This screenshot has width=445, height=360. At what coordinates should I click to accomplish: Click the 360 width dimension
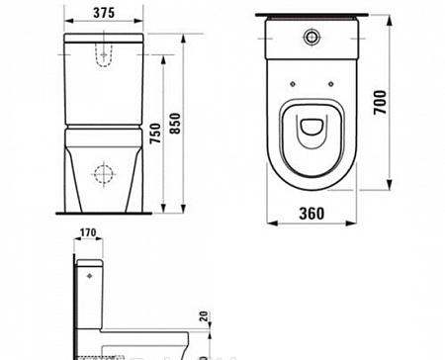click(x=313, y=213)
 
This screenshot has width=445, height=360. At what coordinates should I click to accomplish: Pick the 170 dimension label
click(x=90, y=235)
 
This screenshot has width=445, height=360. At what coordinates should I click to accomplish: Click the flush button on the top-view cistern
click(x=313, y=37)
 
